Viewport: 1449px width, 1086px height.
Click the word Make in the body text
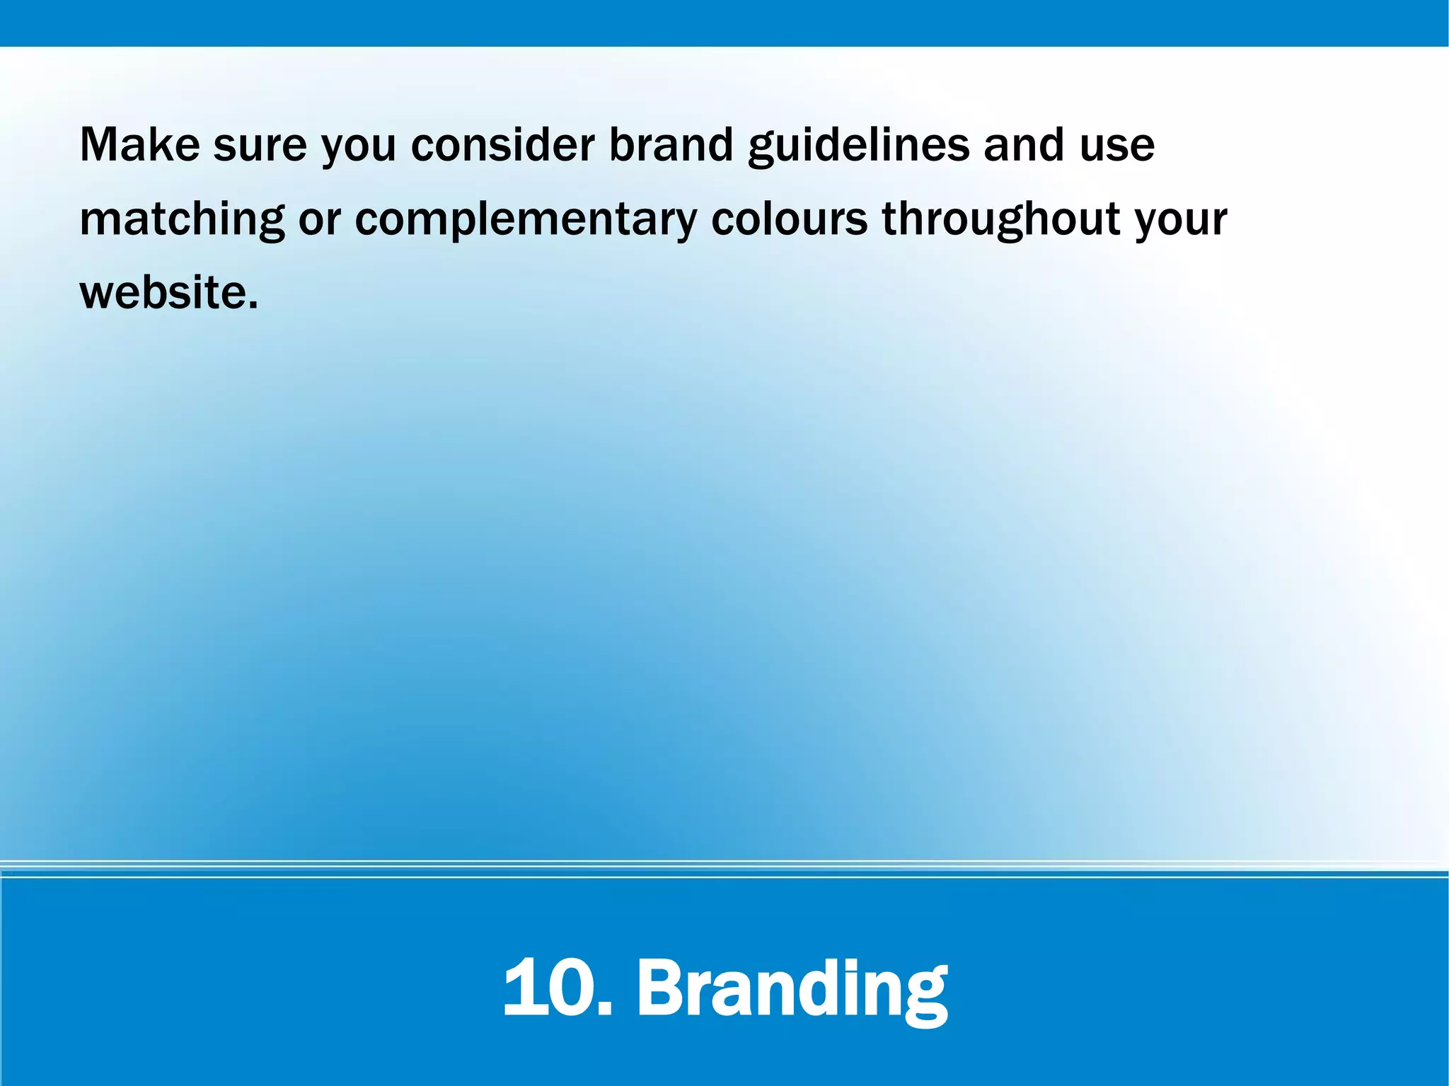coord(139,145)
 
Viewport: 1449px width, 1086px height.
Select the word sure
coord(260,145)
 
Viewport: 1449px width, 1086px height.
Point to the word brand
coord(671,145)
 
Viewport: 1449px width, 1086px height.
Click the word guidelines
coord(858,145)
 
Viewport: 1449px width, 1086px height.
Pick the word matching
coord(182,219)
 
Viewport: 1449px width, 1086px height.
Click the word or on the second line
coord(320,221)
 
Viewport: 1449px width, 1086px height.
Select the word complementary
coord(526,221)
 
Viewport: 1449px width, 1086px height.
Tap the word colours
coord(789,219)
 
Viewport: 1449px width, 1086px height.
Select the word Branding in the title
coord(792,988)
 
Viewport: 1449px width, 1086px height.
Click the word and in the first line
coord(1023,145)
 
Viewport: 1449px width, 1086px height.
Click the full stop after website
coord(253,308)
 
